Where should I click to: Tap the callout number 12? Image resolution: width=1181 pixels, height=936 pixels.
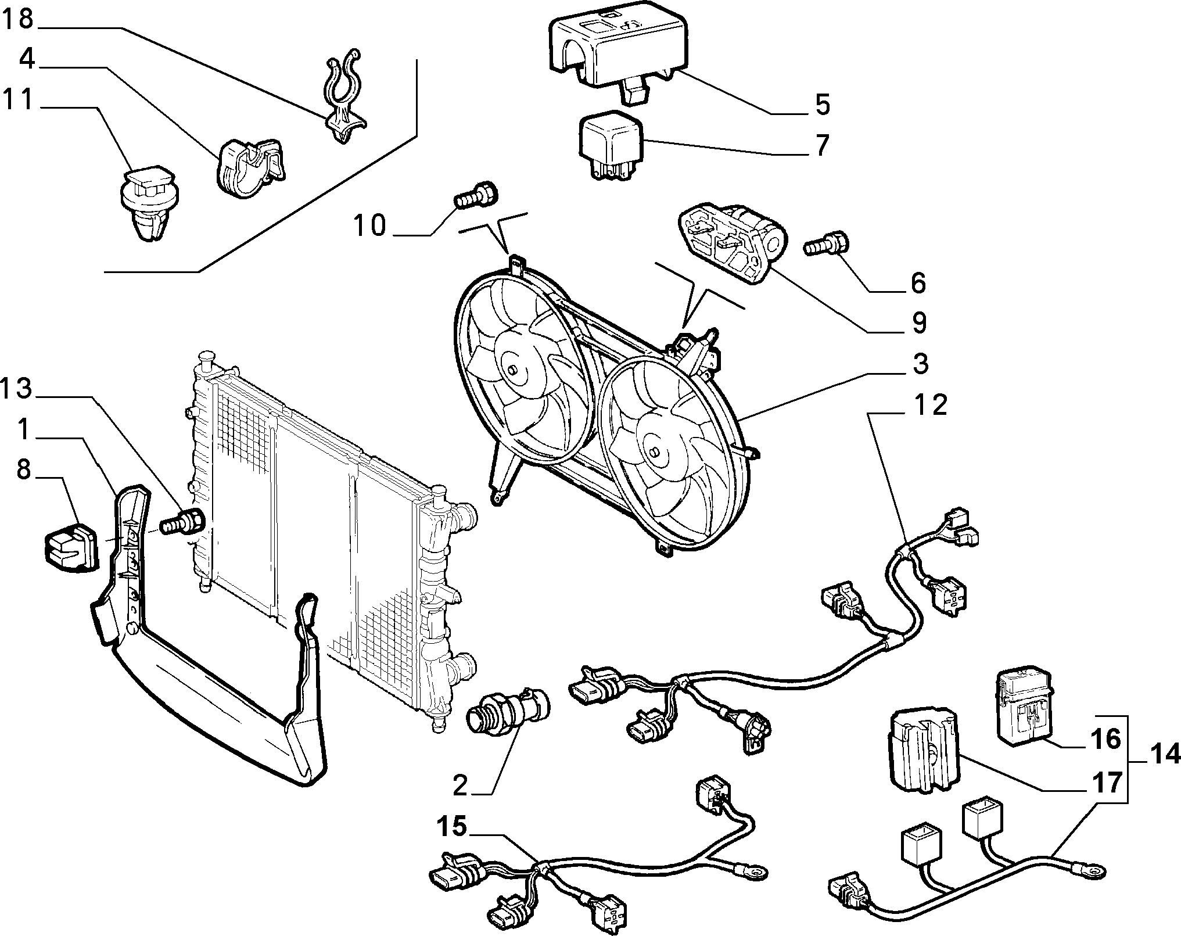[x=929, y=405]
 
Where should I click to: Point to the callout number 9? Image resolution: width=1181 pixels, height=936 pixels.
[x=918, y=322]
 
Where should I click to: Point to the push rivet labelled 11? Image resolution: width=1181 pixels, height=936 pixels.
[x=151, y=202]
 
